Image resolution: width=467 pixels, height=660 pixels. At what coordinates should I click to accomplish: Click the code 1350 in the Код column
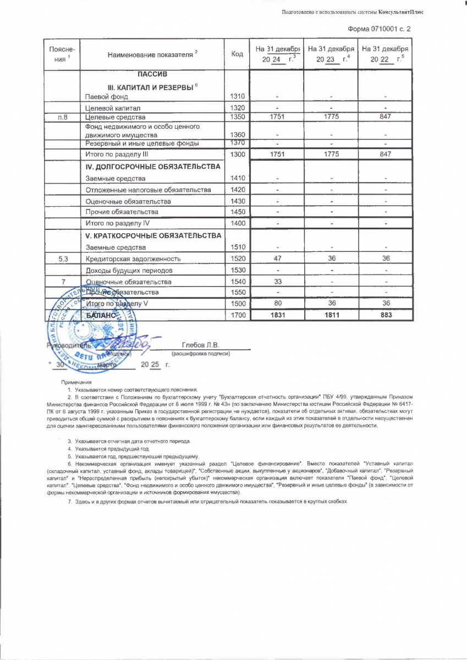pyautogui.click(x=237, y=117)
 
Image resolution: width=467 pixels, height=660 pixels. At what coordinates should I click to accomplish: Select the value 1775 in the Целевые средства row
pyautogui.click(x=330, y=117)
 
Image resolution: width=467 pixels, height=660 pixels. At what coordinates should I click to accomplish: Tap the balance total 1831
pyautogui.click(x=277, y=315)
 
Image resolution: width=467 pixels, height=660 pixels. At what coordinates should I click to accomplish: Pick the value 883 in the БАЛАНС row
pyautogui.click(x=385, y=315)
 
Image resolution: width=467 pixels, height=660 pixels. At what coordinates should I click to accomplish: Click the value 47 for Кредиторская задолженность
pyautogui.click(x=277, y=258)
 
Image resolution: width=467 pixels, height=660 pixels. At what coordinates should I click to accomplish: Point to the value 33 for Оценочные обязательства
pyautogui.click(x=277, y=282)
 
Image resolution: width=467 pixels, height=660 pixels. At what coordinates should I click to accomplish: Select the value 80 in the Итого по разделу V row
pyautogui.click(x=277, y=303)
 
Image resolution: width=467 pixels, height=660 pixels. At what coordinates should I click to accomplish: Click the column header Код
pyautogui.click(x=237, y=54)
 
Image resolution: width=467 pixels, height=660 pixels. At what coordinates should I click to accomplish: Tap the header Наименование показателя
pyautogui.click(x=152, y=54)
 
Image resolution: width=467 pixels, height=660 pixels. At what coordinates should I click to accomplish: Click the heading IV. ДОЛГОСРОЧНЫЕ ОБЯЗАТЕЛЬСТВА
pyautogui.click(x=153, y=166)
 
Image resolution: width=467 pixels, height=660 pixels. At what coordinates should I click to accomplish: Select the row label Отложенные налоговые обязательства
pyautogui.click(x=148, y=190)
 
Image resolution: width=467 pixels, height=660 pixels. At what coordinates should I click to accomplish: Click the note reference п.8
pyautogui.click(x=63, y=117)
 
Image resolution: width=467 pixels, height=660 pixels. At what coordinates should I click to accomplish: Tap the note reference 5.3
pyautogui.click(x=63, y=258)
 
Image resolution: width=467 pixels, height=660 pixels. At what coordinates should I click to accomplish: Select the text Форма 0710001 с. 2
pyautogui.click(x=380, y=28)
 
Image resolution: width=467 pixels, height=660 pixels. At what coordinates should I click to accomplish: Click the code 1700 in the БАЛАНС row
pyautogui.click(x=237, y=315)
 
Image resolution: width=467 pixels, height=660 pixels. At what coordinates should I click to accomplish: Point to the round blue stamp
pyautogui.click(x=83, y=324)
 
